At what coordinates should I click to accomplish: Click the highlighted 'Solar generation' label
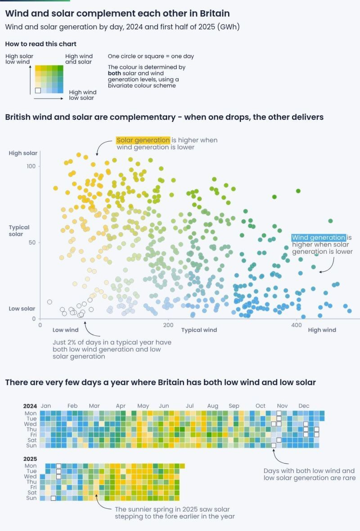tap(143, 140)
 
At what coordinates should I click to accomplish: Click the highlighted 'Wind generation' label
tap(318, 238)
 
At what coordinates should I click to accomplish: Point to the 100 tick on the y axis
tap(31, 166)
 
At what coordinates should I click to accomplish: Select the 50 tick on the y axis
tap(32, 243)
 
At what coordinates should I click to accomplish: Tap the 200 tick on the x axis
tap(168, 325)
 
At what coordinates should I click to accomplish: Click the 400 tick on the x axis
tap(296, 325)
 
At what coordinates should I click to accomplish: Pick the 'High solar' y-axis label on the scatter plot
tap(23, 153)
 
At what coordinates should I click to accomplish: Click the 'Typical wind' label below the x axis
tap(199, 330)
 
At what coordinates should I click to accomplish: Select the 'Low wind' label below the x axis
tap(65, 330)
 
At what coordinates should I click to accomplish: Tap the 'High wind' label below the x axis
tap(322, 330)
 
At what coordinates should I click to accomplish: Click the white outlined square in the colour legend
tap(38, 90)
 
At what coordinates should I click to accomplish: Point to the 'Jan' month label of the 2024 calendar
tap(45, 405)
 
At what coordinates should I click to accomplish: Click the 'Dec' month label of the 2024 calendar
tap(304, 405)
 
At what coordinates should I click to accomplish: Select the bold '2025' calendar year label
tap(30, 459)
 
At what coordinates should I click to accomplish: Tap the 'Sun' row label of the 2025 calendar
tap(31, 498)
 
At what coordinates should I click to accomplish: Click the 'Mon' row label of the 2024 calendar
tap(31, 413)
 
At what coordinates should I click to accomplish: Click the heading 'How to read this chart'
tap(40, 44)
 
